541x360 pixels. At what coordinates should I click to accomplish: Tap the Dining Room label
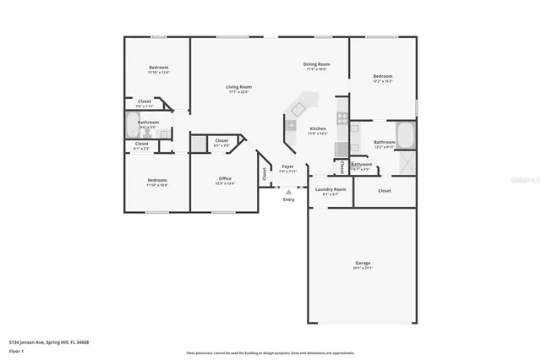pyautogui.click(x=316, y=64)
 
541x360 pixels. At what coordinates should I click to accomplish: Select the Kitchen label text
pyautogui.click(x=317, y=128)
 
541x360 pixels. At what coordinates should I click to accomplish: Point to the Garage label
pyautogui.click(x=362, y=264)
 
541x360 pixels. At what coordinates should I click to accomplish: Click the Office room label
pyautogui.click(x=225, y=178)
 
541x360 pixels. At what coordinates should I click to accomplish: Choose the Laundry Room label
pyautogui.click(x=331, y=189)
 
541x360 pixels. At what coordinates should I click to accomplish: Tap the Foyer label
pyautogui.click(x=287, y=166)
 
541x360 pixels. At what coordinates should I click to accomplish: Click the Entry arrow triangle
pyautogui.click(x=287, y=192)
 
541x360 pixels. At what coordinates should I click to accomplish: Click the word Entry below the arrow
pyautogui.click(x=289, y=200)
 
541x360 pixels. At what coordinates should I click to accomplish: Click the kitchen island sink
pyautogui.click(x=298, y=109)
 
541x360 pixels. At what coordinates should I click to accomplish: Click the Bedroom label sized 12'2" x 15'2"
pyautogui.click(x=383, y=76)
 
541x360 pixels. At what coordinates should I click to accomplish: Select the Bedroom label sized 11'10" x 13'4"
pyautogui.click(x=159, y=68)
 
